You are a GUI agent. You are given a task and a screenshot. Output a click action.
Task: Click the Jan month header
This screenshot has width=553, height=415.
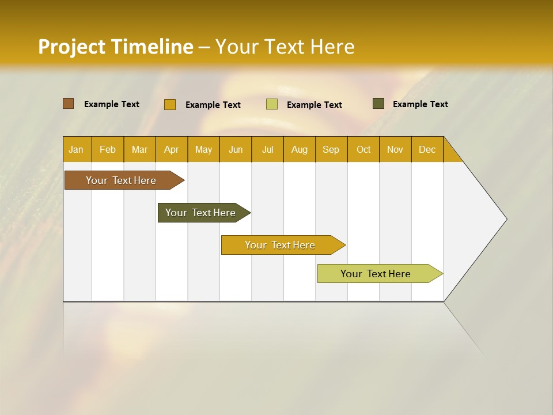(77, 149)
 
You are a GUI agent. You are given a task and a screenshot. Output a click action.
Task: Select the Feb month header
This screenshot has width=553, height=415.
(108, 149)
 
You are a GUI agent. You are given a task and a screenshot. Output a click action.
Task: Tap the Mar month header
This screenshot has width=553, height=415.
(139, 149)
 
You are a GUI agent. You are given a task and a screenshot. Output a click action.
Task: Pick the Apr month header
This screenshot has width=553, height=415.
(172, 149)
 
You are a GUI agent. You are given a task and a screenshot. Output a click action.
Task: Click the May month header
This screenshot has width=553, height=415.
(203, 149)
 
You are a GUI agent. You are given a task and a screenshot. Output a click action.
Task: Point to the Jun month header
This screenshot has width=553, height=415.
(236, 149)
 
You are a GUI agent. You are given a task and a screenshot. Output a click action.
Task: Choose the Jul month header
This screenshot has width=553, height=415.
(267, 149)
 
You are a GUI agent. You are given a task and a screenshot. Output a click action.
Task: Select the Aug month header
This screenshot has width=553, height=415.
(300, 149)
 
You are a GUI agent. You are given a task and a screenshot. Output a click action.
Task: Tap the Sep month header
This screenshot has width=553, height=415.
(331, 149)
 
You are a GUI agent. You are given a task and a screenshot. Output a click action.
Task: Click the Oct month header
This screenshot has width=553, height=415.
(363, 149)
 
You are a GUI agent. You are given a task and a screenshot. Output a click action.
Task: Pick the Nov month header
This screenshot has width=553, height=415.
(395, 149)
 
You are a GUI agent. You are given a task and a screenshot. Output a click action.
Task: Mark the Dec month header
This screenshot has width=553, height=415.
(427, 149)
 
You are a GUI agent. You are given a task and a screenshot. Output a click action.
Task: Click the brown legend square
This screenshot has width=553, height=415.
(69, 104)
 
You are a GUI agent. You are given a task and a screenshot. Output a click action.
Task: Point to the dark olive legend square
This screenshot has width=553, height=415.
(378, 104)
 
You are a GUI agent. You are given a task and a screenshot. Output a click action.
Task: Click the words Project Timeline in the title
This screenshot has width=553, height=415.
(116, 47)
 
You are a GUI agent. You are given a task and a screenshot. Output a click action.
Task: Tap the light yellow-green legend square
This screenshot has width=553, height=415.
(272, 104)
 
